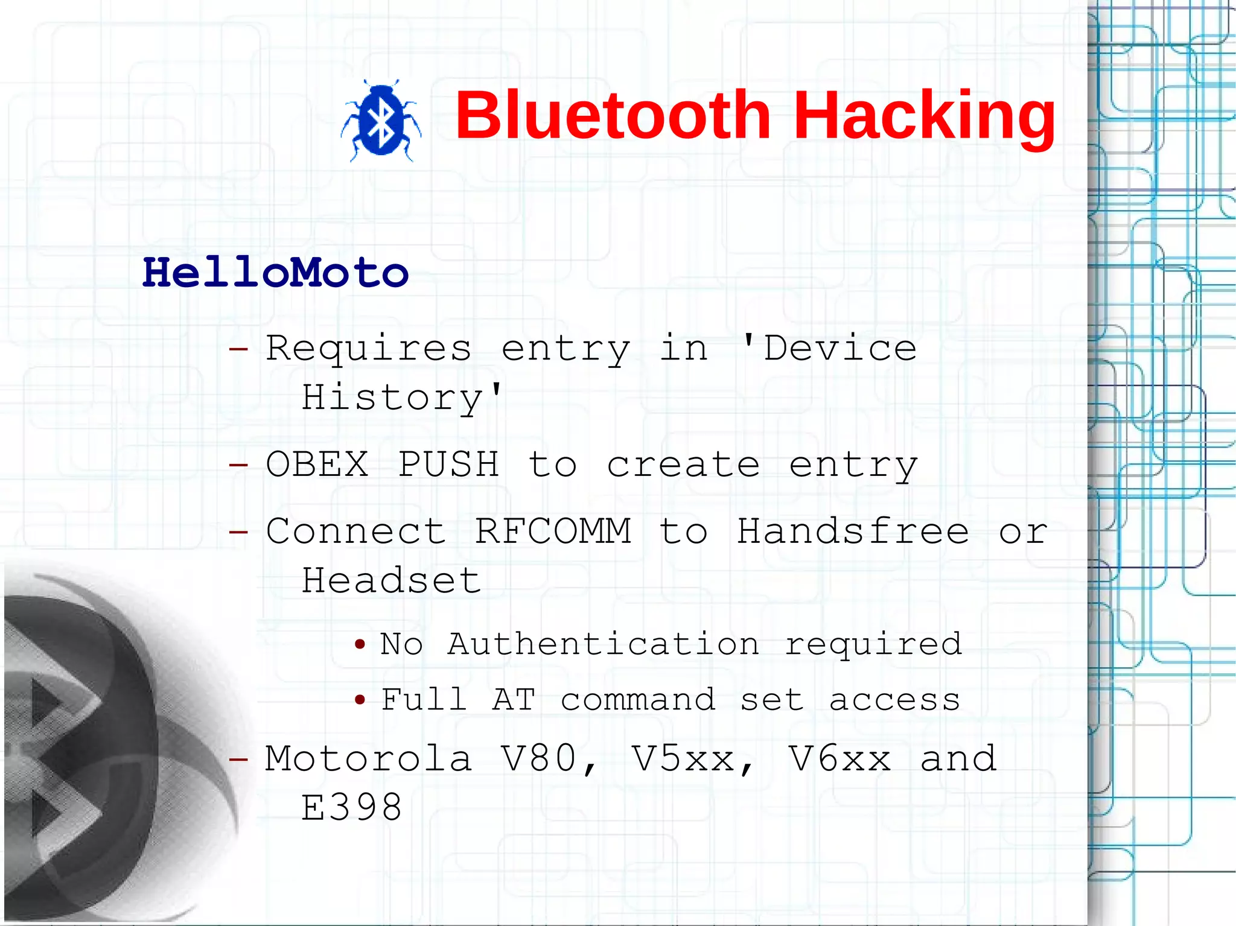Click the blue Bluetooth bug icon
click(x=381, y=121)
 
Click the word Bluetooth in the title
click(x=612, y=115)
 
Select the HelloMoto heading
click(x=276, y=273)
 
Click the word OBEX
click(x=317, y=465)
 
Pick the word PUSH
click(x=448, y=465)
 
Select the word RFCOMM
click(x=552, y=531)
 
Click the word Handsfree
click(x=853, y=531)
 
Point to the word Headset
click(x=391, y=580)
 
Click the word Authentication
click(x=603, y=644)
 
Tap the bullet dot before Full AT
click(x=360, y=700)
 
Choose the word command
click(x=638, y=700)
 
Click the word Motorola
click(x=368, y=759)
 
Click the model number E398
click(x=351, y=808)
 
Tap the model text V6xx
click(x=839, y=759)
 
